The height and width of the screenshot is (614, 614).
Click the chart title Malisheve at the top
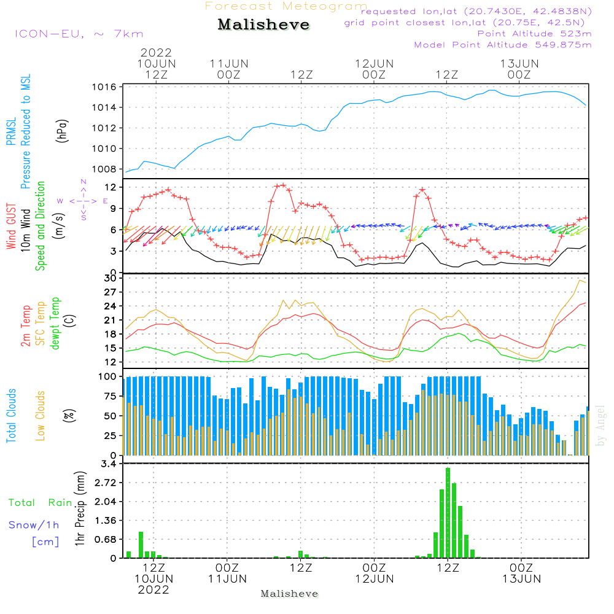(x=264, y=25)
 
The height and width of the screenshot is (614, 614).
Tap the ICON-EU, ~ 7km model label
(x=79, y=34)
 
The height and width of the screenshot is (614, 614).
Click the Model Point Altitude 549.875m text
(x=503, y=45)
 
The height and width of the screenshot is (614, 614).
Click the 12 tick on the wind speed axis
(x=111, y=187)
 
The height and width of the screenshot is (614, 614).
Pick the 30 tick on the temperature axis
(x=111, y=278)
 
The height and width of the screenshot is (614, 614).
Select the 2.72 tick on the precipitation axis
(x=106, y=483)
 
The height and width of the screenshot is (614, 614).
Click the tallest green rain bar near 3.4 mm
(x=448, y=513)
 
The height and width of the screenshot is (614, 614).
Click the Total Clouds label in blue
(x=12, y=416)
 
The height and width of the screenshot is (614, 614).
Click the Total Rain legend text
(x=41, y=503)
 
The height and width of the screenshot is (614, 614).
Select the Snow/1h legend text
(x=34, y=525)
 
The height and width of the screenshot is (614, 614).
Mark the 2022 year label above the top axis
(x=156, y=53)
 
